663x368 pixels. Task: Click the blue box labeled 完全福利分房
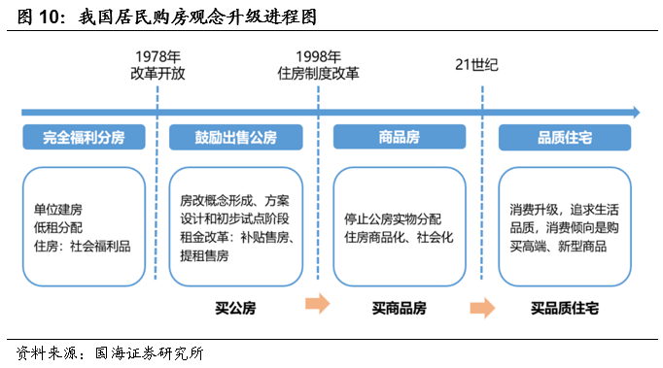(x=84, y=138)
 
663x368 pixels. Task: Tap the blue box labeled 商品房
(x=399, y=138)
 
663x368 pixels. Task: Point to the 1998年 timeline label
(x=322, y=57)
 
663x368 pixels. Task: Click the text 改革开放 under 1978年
(x=157, y=74)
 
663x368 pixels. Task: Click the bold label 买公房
(x=235, y=309)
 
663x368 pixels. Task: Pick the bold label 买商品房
(x=399, y=309)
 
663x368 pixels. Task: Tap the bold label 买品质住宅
(x=564, y=309)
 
